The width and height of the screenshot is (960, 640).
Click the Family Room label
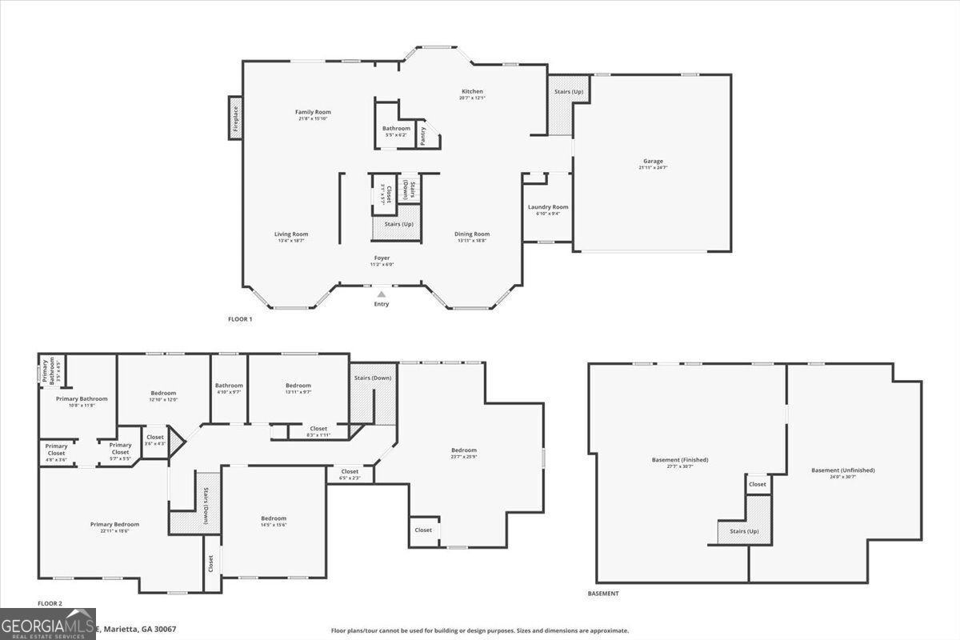tap(313, 113)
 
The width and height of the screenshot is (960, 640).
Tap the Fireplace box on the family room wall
tap(236, 118)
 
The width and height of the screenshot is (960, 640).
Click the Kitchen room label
tap(472, 92)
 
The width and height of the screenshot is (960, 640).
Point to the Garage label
tap(653, 162)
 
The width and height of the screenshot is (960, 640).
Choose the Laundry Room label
tap(548, 207)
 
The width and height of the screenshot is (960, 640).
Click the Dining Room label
tap(473, 234)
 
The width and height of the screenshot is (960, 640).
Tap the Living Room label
tap(291, 234)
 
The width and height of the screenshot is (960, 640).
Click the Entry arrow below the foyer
tap(382, 294)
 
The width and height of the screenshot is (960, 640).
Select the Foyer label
tap(382, 258)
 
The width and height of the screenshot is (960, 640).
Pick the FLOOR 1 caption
tap(240, 319)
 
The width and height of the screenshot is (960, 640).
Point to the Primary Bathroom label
tap(82, 398)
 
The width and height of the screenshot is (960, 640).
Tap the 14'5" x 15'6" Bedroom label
tap(274, 519)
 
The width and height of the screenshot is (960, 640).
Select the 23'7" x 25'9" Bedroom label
tap(463, 450)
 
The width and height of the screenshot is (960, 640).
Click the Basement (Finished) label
tap(680, 460)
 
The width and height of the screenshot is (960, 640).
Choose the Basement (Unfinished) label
tap(842, 470)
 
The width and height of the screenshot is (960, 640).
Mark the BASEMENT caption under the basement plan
tap(602, 594)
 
